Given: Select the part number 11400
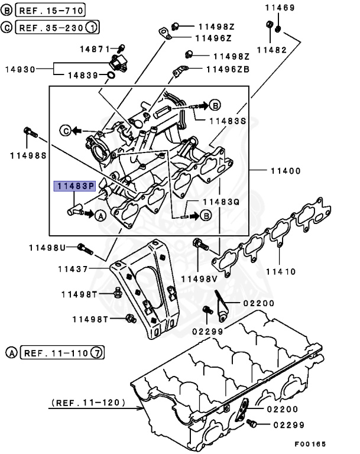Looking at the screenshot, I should click(286, 171).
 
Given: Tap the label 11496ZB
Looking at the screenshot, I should click(228, 70).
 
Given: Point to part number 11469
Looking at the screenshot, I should click(280, 7).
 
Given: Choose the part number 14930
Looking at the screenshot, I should click(21, 69).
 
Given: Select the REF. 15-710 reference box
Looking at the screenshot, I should click(50, 10).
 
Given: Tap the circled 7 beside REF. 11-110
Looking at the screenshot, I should click(98, 354).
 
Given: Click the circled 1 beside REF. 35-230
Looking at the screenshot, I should click(92, 27).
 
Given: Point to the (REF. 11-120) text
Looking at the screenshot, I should click(88, 403).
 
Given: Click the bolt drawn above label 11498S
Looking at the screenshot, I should click(28, 132).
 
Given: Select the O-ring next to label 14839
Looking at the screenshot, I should click(111, 75).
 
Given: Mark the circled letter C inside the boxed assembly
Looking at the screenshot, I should click(67, 129).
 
